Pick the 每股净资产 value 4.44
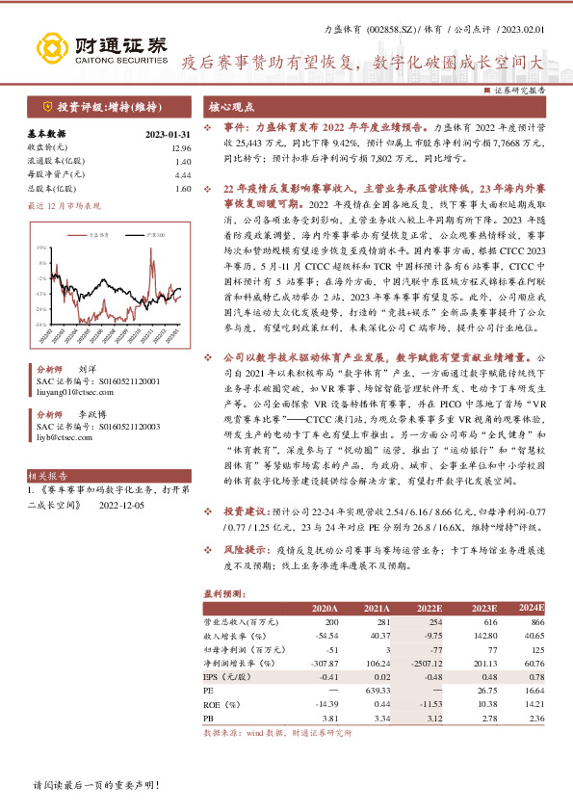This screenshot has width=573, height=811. coord(171,175)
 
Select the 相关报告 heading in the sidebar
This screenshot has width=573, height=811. coord(47,476)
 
